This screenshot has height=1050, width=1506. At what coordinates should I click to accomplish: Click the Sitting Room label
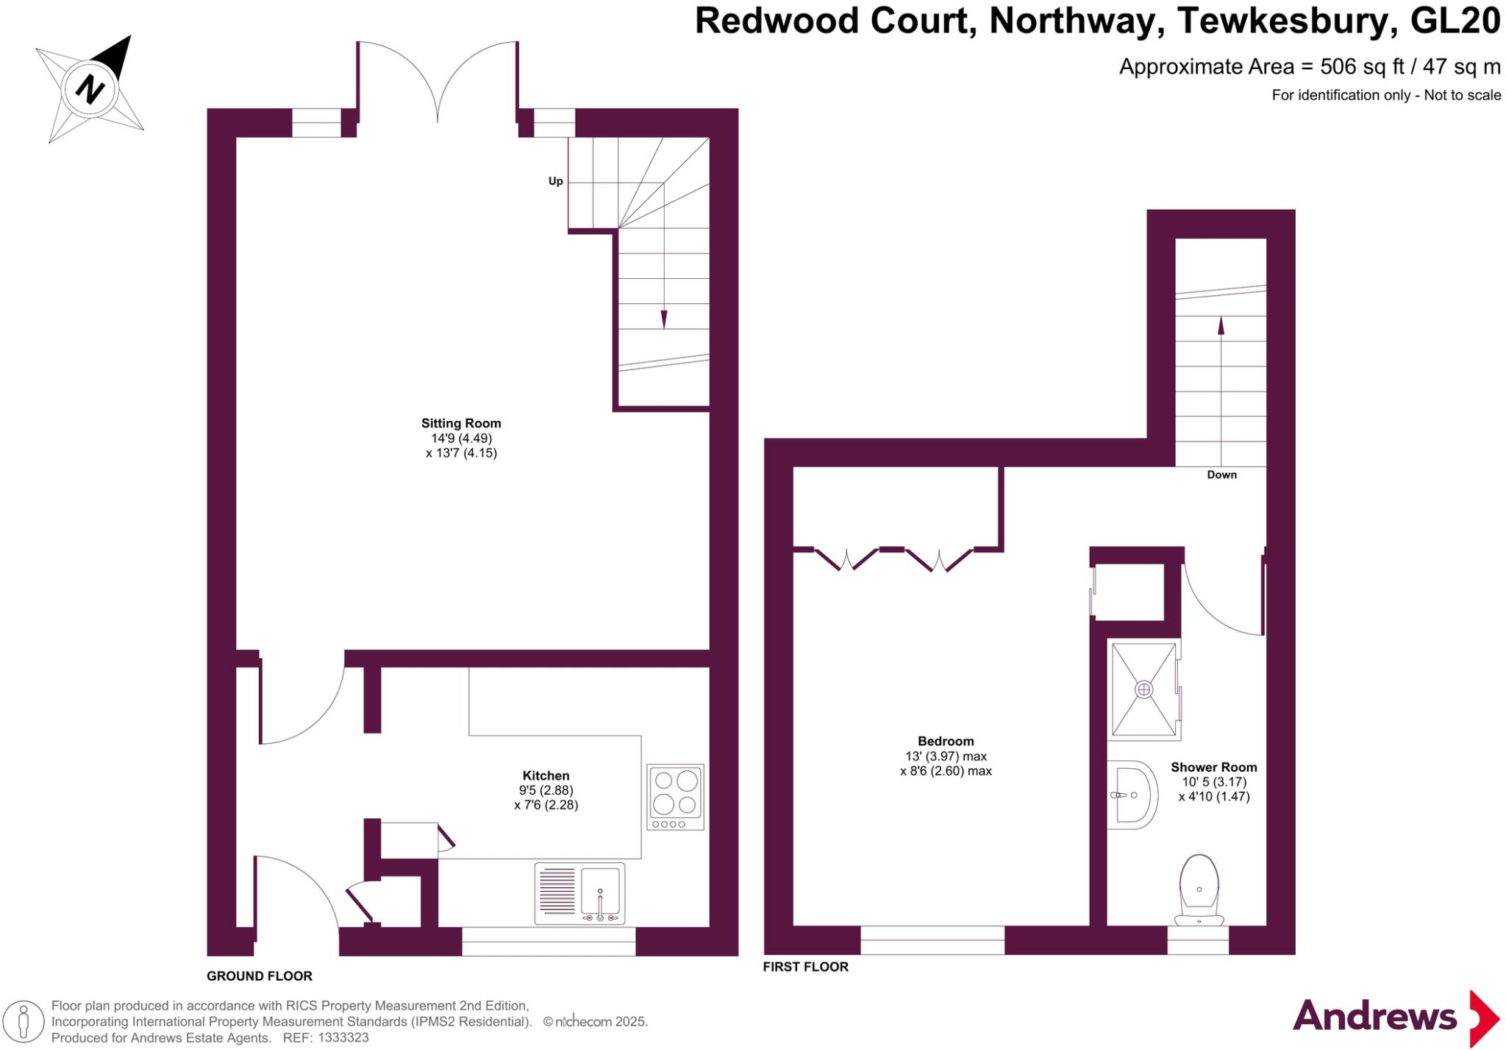pyautogui.click(x=461, y=423)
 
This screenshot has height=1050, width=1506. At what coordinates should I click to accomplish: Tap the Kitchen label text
pyautogui.click(x=546, y=776)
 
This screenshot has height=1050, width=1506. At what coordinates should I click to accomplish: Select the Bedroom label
pyautogui.click(x=946, y=741)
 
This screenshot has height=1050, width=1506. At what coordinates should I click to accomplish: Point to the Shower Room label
pyautogui.click(x=1213, y=767)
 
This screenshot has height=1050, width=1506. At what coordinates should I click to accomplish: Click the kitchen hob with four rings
pyautogui.click(x=675, y=797)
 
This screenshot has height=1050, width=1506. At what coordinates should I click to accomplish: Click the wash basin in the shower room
pyautogui.click(x=1133, y=795)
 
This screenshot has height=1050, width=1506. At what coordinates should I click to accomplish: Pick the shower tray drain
pyautogui.click(x=1143, y=689)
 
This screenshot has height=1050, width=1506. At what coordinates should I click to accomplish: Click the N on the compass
pyautogui.click(x=90, y=89)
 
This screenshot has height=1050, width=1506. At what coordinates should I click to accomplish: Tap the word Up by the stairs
pyautogui.click(x=556, y=181)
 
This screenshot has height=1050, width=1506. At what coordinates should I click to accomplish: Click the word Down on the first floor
pyautogui.click(x=1221, y=475)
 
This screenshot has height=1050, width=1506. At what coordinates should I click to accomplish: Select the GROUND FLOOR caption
pyautogui.click(x=260, y=976)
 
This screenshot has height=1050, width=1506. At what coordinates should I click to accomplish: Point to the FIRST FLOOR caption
pyautogui.click(x=805, y=967)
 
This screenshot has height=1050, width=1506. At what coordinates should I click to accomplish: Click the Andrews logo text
pyautogui.click(x=1374, y=1017)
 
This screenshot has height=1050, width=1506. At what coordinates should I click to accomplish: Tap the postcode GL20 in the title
pyautogui.click(x=1455, y=21)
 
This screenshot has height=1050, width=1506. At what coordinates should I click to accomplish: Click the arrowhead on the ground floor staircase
pyautogui.click(x=664, y=319)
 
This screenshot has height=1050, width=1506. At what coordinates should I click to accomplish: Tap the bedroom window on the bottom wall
pyautogui.click(x=932, y=940)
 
